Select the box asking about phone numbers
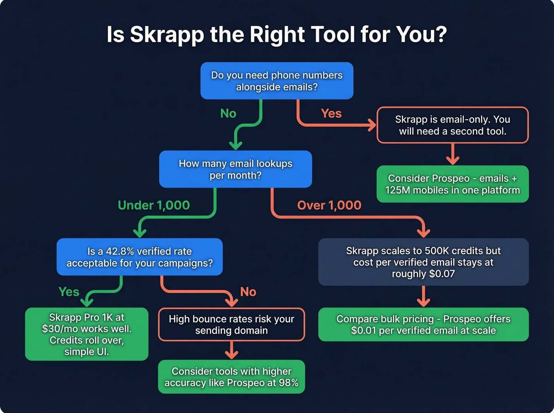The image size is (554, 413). point(277,81)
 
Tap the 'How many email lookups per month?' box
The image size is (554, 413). point(235,169)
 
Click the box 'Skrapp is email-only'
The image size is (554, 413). point(452,125)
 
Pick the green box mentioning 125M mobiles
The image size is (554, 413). point(452,184)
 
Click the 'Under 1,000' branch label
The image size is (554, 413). point(154,205)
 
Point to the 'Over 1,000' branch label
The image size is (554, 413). point(329,205)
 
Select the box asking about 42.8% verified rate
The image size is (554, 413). point(139,257)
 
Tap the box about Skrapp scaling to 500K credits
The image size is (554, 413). point(423,262)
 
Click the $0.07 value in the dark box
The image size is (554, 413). point(442,274)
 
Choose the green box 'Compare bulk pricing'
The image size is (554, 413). point(423,324)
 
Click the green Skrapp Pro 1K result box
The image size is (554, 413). point(87,334)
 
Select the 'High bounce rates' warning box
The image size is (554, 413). point(231,324)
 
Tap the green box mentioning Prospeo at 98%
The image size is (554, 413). point(231,377)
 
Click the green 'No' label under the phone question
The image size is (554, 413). point(228,113)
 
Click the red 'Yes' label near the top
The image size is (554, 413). point(331,113)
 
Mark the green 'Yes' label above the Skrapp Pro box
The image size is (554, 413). point(69,292)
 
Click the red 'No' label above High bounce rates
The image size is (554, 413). point(248,292)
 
